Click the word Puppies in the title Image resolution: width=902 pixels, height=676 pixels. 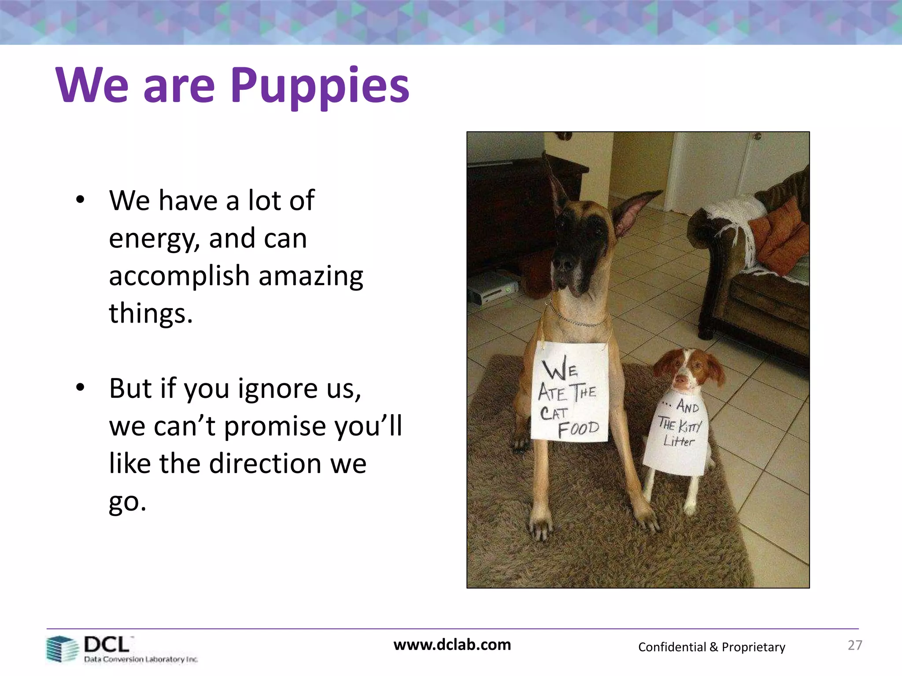(320, 86)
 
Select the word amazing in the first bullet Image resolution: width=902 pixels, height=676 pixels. (311, 276)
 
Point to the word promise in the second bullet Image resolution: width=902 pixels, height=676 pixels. (276, 427)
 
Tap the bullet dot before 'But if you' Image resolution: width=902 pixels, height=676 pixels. (80, 388)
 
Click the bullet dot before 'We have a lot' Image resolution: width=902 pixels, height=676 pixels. (80, 200)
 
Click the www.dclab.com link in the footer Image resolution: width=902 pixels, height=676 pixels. (452, 645)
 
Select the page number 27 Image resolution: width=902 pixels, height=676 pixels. (855, 645)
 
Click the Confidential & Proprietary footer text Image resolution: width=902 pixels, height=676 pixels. (711, 647)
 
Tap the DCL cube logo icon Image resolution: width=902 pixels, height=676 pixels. (61, 649)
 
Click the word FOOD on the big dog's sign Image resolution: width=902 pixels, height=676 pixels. (578, 429)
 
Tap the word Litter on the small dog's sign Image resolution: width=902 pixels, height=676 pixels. (678, 441)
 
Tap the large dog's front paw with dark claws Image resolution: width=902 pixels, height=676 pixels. (541, 526)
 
